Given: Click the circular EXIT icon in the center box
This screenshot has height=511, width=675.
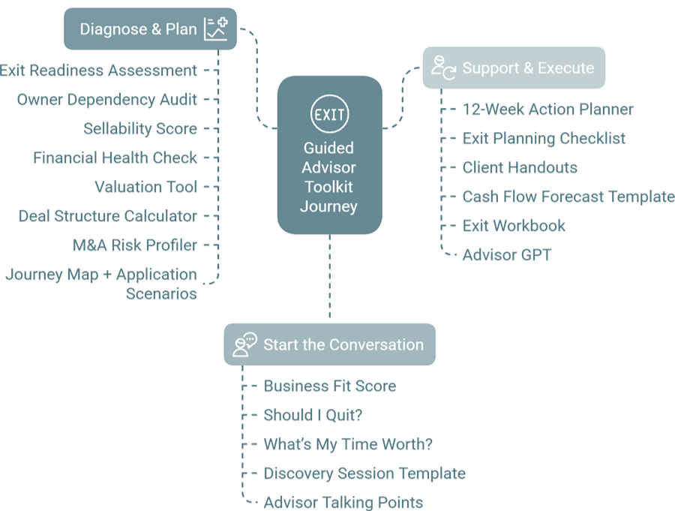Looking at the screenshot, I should (329, 115).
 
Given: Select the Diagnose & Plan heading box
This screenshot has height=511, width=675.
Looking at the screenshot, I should (150, 30).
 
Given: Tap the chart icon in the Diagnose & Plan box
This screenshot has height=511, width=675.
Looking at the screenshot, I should (216, 29).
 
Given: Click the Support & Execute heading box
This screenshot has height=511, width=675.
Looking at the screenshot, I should (514, 68).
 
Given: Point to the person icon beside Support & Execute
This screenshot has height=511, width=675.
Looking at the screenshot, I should (443, 68).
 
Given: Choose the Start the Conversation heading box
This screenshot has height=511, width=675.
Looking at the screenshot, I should (330, 345).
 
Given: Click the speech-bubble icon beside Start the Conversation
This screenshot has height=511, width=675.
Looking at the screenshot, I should (244, 344).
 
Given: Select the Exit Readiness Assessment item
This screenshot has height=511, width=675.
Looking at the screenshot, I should (98, 71).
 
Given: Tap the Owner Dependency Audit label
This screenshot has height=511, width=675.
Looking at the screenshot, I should (107, 100).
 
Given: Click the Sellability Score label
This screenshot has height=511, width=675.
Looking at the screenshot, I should (140, 129).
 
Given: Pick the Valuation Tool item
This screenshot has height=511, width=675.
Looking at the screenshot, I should (145, 187).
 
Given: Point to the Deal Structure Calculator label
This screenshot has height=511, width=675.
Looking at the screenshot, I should (108, 216).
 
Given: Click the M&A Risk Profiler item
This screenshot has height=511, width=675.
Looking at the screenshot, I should (135, 245).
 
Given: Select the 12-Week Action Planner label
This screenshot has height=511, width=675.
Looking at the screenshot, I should (547, 110).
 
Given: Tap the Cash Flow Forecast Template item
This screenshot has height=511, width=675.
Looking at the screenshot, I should (568, 197).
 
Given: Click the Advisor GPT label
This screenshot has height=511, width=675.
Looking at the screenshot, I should (507, 255).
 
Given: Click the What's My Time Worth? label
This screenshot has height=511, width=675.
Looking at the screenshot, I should (348, 444).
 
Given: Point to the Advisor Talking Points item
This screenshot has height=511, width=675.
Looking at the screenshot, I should (343, 503).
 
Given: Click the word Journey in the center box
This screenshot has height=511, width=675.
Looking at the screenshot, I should (329, 206).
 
